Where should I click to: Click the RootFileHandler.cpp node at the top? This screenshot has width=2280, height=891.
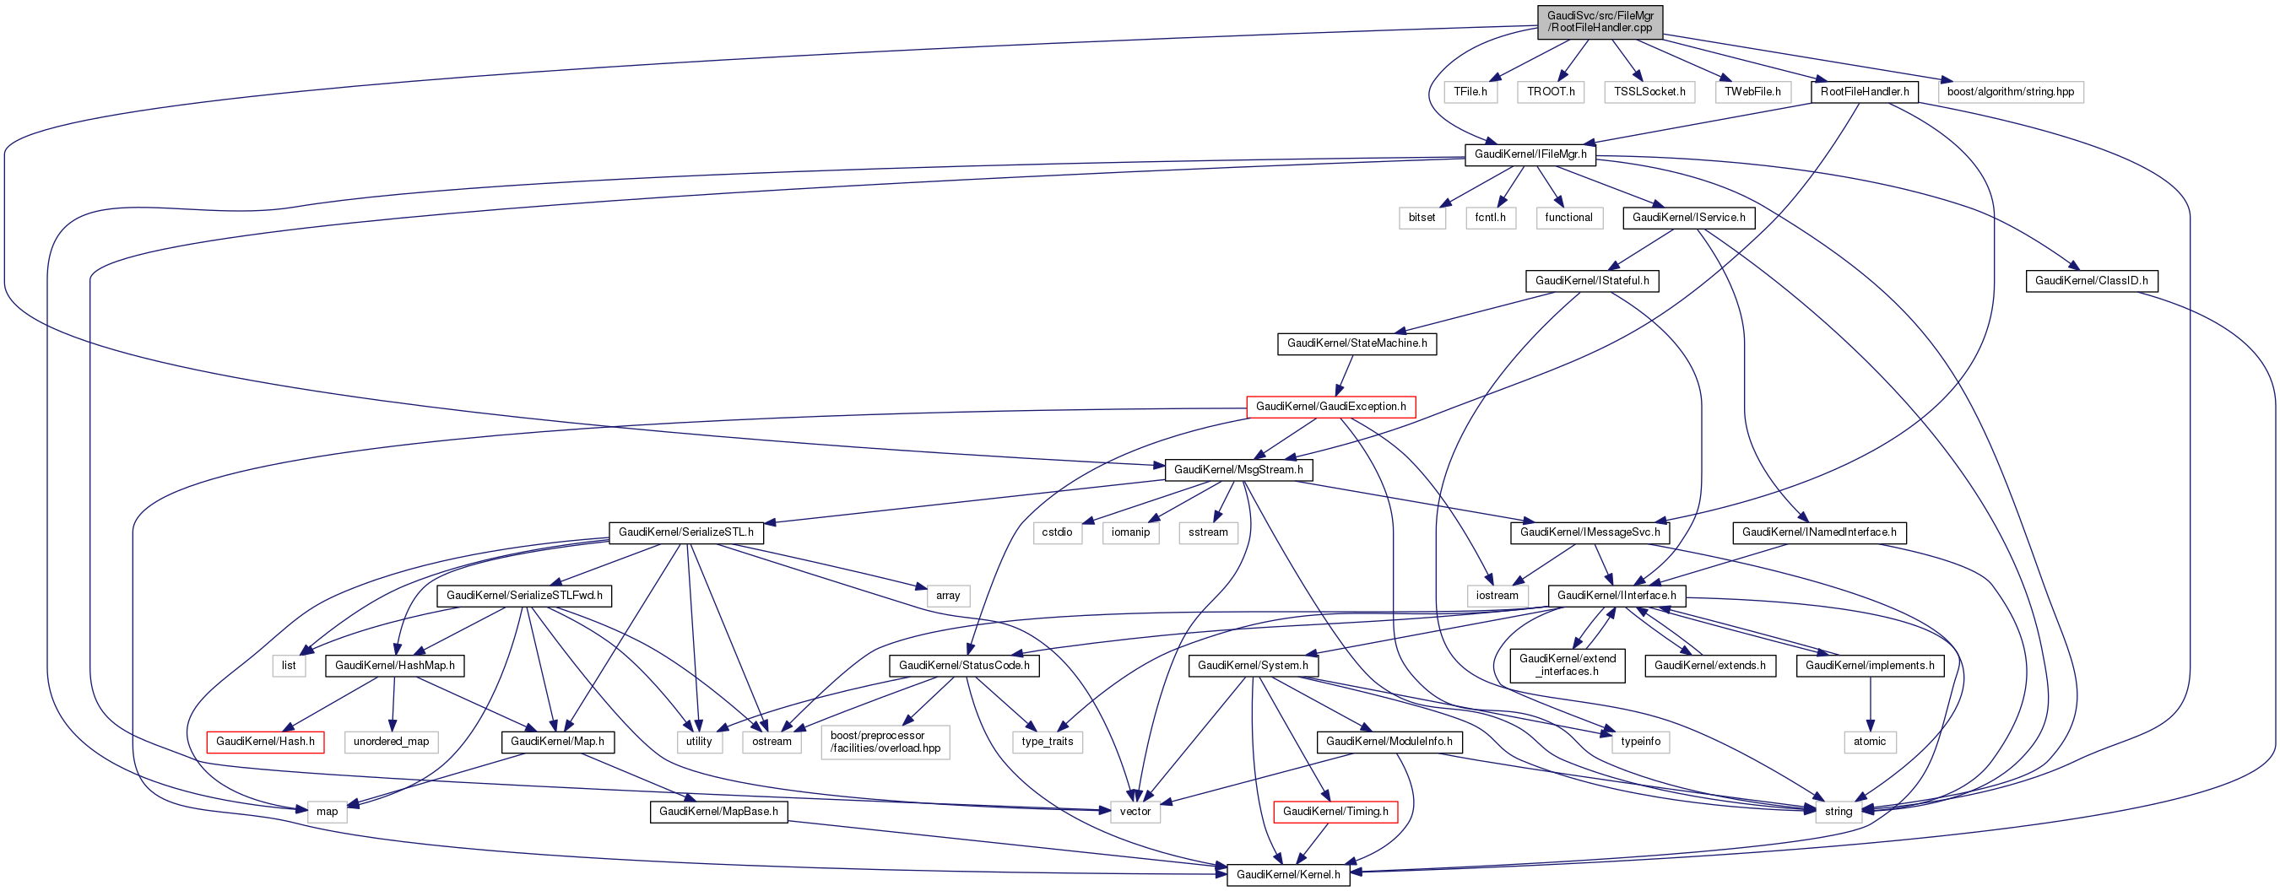click(1600, 22)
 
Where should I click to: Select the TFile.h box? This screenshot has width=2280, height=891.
click(1470, 92)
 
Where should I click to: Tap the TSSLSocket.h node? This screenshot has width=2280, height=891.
click(1649, 92)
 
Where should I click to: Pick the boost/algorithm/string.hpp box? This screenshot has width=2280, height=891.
click(2010, 92)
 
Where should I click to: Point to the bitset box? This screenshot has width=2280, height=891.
click(1422, 218)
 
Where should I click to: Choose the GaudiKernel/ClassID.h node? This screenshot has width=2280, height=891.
click(2091, 281)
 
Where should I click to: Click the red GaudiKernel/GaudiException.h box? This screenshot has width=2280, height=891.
click(1330, 407)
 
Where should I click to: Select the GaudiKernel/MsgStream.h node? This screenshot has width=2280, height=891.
click(1238, 470)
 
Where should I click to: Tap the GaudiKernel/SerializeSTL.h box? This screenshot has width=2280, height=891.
click(686, 532)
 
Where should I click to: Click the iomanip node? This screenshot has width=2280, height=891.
click(1130, 532)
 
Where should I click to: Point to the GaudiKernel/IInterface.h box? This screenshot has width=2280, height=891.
click(1617, 596)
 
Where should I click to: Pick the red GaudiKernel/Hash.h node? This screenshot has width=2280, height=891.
click(265, 742)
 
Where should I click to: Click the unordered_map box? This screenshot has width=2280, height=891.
click(390, 742)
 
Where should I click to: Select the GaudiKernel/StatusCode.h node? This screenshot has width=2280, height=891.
click(964, 666)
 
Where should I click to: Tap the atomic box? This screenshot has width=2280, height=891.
click(1869, 742)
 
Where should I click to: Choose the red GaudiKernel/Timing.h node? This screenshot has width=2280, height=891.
click(1335, 812)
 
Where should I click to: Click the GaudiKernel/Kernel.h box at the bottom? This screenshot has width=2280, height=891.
click(1288, 874)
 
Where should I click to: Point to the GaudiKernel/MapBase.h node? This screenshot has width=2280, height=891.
click(718, 812)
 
